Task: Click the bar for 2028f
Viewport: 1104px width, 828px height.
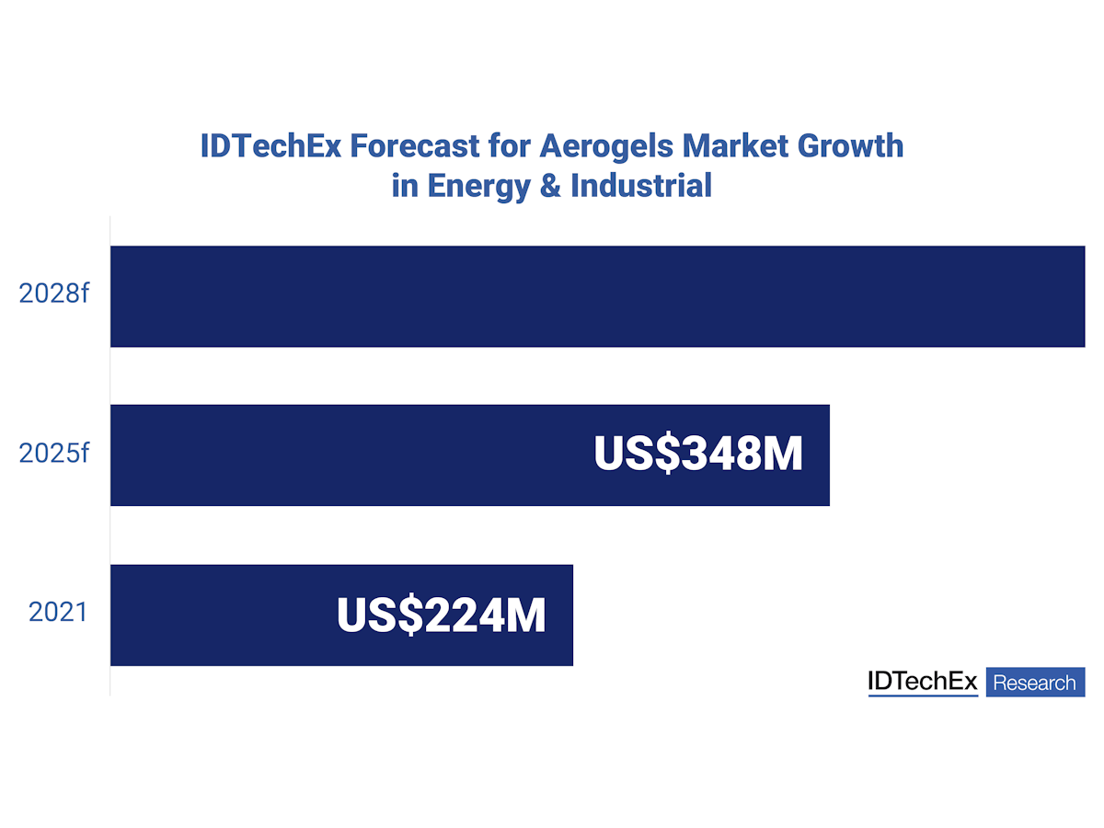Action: pyautogui.click(x=597, y=296)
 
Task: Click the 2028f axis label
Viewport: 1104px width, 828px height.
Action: pyautogui.click(x=54, y=295)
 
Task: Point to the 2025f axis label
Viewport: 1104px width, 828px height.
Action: pyautogui.click(x=54, y=454)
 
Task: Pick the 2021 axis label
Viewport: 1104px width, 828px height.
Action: pyautogui.click(x=58, y=613)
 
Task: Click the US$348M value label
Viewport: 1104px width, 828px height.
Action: pyautogui.click(x=698, y=454)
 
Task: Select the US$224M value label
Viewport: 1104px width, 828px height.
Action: pyautogui.click(x=442, y=615)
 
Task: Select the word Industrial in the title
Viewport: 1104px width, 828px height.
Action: pyautogui.click(x=641, y=185)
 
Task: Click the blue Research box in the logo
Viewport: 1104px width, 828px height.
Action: pyautogui.click(x=1035, y=683)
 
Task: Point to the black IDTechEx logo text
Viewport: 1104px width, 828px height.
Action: pyautogui.click(x=923, y=682)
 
